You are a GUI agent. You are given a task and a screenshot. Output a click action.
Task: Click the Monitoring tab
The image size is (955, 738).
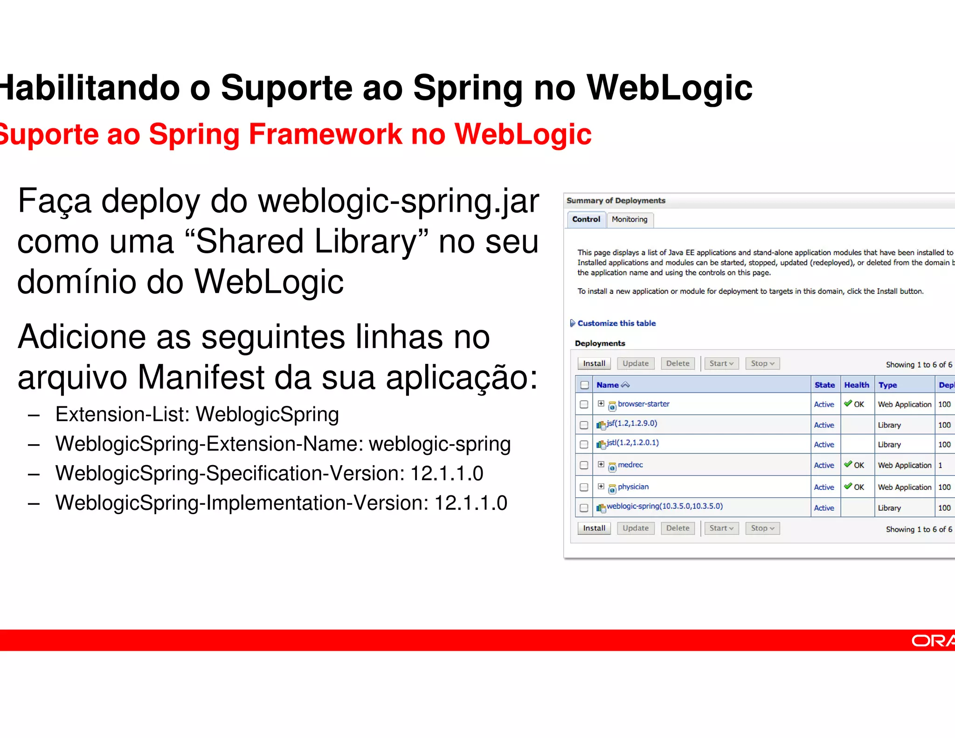point(630,219)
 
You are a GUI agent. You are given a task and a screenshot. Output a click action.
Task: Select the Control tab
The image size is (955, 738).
point(586,219)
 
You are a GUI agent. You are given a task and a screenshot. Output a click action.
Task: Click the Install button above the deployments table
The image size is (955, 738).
point(594,363)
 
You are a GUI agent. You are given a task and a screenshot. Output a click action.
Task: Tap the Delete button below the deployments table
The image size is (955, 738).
point(678,528)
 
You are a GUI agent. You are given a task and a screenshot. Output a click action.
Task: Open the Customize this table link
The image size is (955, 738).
point(616,323)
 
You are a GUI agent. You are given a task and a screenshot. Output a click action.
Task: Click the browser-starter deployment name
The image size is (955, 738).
point(644,404)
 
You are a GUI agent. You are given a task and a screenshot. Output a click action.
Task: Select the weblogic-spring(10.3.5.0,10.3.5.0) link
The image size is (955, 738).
point(664,506)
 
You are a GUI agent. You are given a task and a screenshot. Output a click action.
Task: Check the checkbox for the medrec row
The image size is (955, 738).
point(584,465)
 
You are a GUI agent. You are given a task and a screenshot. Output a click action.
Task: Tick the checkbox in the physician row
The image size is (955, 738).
point(584,487)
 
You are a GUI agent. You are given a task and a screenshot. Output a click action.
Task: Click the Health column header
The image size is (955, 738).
point(857,385)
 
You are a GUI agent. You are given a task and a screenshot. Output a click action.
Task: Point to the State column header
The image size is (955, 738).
point(824,385)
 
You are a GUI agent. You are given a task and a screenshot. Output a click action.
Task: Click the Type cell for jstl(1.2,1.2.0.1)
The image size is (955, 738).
point(889,445)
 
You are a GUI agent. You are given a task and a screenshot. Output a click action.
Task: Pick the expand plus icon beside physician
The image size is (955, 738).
point(601,486)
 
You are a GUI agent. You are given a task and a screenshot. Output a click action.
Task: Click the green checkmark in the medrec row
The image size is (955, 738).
point(848,464)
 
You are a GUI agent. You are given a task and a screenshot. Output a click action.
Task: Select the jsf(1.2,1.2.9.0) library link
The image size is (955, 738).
point(632,424)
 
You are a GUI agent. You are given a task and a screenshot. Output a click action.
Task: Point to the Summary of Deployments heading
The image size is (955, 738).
point(616,201)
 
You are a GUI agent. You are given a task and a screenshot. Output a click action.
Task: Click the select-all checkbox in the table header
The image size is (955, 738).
point(585,385)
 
